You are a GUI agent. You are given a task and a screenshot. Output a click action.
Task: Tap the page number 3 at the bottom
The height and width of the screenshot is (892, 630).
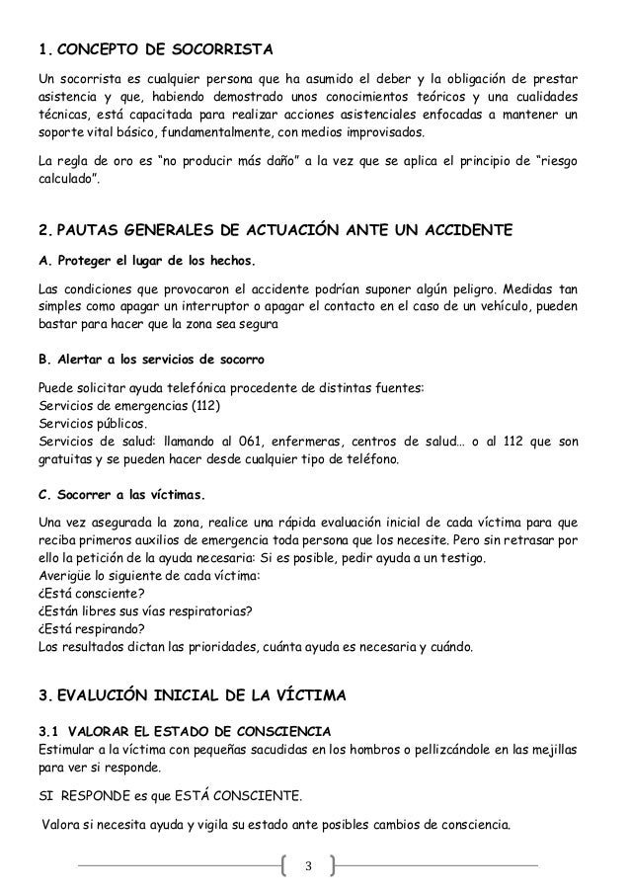point(308,867)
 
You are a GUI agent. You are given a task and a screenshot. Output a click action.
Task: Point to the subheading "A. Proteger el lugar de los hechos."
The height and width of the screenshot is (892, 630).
point(145,261)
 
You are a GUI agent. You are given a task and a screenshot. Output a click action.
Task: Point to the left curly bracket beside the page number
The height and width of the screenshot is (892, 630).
point(285,867)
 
